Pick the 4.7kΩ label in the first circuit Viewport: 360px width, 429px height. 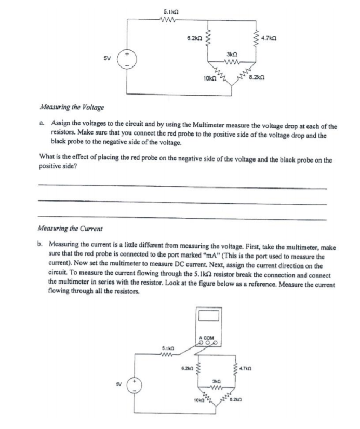pyautogui.click(x=270, y=38)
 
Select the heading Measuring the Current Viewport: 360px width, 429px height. pyautogui.click(x=70, y=227)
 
